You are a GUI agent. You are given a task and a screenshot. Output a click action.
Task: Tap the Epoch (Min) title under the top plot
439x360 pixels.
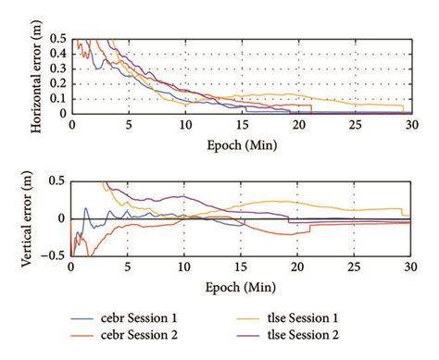tap(240, 144)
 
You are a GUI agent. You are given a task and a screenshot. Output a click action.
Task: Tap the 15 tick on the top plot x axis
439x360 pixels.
tap(241, 126)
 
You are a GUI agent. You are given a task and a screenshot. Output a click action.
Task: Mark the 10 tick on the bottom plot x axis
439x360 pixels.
tap(184, 268)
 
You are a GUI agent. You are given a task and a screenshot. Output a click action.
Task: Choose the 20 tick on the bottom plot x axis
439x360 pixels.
tap(298, 268)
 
